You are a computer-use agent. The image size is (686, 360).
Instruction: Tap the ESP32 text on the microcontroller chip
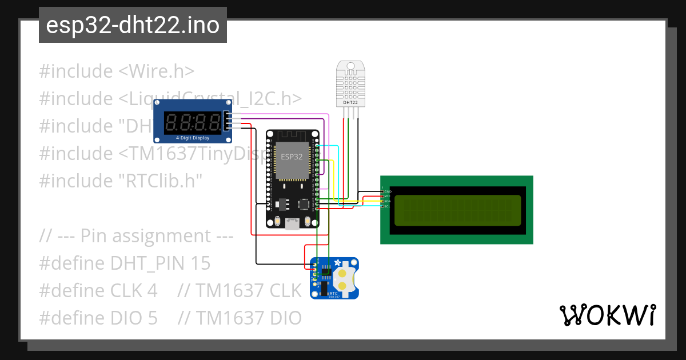(292, 155)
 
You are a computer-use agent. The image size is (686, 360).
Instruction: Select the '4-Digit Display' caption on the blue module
(192, 138)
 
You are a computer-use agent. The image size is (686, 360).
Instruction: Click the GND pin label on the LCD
(388, 191)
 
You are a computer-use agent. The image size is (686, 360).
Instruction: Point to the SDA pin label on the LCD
(388, 201)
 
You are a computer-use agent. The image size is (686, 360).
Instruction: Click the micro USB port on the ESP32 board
(292, 223)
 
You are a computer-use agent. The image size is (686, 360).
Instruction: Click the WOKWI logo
(607, 315)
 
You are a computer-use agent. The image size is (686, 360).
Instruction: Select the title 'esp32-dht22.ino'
(133, 25)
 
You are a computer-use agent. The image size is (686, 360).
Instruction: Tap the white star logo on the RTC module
(337, 263)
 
